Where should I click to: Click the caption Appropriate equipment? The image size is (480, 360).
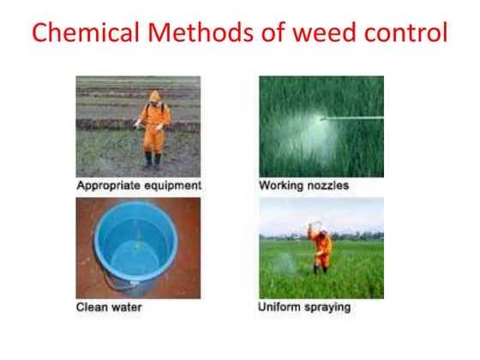[139, 185]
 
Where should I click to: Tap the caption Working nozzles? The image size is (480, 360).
[303, 185]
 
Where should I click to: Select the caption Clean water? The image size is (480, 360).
[110, 306]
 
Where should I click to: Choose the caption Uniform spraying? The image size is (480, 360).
[304, 306]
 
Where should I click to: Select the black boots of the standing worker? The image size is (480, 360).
[153, 160]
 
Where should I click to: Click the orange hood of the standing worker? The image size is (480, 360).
[154, 97]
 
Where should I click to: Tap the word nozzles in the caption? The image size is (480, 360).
[327, 185]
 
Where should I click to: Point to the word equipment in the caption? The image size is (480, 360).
[171, 185]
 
